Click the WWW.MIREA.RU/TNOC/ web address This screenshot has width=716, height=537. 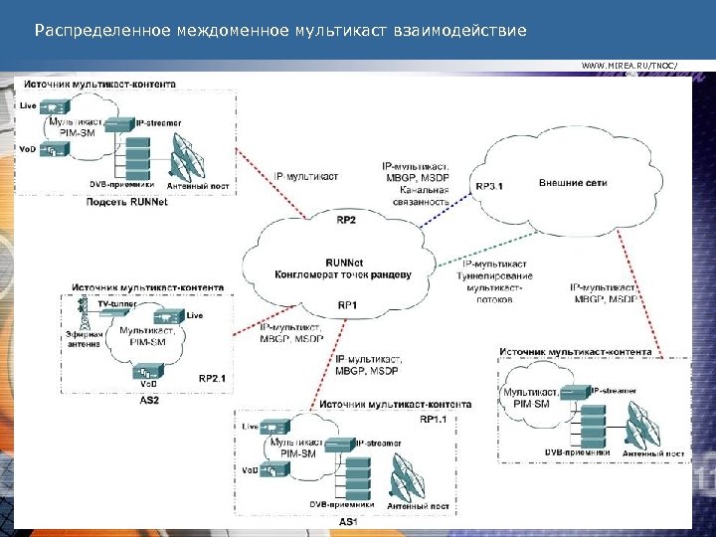(629, 66)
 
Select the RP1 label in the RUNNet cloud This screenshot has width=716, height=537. (347, 305)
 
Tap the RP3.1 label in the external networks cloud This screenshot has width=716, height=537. (489, 185)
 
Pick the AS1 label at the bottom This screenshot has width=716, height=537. (348, 521)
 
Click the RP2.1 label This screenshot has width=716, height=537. (213, 378)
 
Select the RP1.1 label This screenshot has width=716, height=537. (434, 420)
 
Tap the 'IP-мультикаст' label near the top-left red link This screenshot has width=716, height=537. (305, 176)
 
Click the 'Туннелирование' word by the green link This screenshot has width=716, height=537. (497, 275)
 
